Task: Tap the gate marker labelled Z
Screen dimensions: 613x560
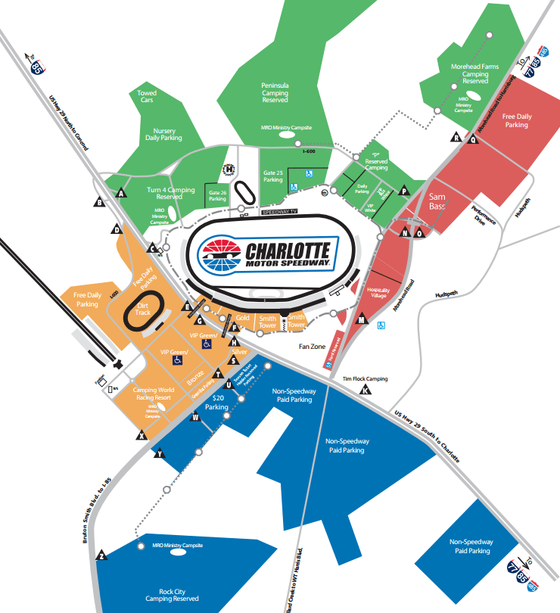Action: pyautogui.click(x=101, y=556)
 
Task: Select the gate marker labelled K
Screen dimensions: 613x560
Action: pyautogui.click(x=366, y=391)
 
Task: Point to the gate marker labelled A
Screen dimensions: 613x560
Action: pyautogui.click(x=120, y=194)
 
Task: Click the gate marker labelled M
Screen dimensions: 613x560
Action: pyautogui.click(x=362, y=322)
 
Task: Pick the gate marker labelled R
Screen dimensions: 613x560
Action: pyautogui.click(x=456, y=137)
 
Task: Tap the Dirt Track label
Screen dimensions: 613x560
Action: pyautogui.click(x=143, y=308)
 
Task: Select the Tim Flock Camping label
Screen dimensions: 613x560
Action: pyautogui.click(x=365, y=378)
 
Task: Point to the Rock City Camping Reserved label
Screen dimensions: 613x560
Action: pyautogui.click(x=175, y=594)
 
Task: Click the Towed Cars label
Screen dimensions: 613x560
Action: pyautogui.click(x=147, y=97)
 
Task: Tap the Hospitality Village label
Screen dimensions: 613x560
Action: pyautogui.click(x=377, y=293)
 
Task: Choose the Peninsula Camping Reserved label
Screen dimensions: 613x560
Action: pyautogui.click(x=275, y=93)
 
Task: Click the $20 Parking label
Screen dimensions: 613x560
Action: pyautogui.click(x=217, y=402)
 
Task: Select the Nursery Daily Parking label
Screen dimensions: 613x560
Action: pyautogui.click(x=163, y=135)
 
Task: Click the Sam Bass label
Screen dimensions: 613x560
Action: pyautogui.click(x=437, y=201)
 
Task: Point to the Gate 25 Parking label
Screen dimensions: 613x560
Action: pyautogui.click(x=273, y=176)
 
